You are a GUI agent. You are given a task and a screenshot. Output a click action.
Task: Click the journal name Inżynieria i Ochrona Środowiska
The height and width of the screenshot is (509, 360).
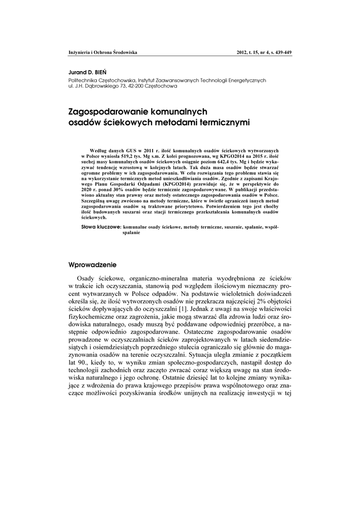pyautogui.click(x=102, y=52)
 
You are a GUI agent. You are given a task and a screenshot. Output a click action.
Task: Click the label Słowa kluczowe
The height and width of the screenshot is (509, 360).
pyautogui.click(x=101, y=227)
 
